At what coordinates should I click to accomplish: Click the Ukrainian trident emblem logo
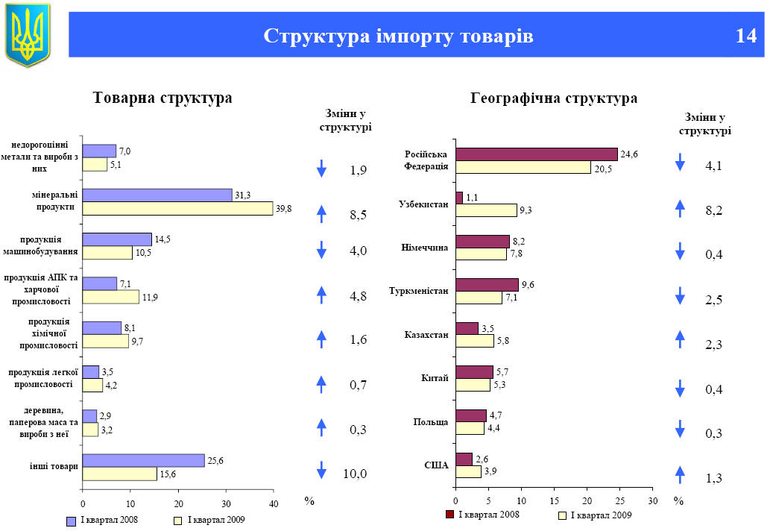click(x=28, y=34)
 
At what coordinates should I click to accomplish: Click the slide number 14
click(x=745, y=36)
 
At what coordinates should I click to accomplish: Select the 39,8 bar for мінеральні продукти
click(x=177, y=209)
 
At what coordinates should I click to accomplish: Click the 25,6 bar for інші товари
click(x=143, y=460)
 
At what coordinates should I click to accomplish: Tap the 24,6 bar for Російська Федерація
click(x=536, y=154)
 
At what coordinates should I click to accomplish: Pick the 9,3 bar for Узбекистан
click(x=485, y=210)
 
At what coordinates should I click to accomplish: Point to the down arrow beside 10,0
click(x=321, y=471)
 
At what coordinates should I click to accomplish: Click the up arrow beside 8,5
click(x=321, y=214)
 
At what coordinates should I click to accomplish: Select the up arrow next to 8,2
click(x=680, y=210)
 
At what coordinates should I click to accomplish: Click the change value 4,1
click(x=713, y=166)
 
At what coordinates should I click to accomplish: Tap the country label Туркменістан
click(x=419, y=291)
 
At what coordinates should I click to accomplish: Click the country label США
click(x=436, y=465)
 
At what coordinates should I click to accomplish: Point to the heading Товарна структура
click(x=162, y=98)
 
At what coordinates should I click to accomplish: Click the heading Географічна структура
click(x=554, y=98)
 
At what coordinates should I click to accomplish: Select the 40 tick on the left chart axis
click(x=274, y=503)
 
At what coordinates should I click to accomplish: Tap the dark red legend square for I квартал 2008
click(x=449, y=515)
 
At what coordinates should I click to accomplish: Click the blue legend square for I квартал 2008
click(x=72, y=521)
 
